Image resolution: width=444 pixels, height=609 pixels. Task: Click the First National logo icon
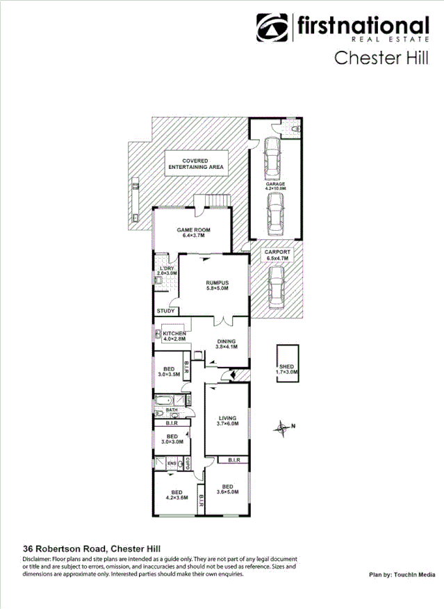pos(273,29)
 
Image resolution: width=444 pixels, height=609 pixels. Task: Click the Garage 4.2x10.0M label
pos(275,186)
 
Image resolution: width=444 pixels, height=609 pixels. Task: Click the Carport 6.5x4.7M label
pos(277,255)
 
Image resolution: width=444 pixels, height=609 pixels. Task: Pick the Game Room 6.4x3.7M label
pos(193,233)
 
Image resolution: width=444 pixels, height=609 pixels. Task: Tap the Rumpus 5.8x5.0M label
pos(217,286)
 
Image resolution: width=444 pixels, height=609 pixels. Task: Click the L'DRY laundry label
pos(167,271)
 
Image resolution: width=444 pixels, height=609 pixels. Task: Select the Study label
pos(165,311)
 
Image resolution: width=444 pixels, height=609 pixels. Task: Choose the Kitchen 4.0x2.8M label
pos(174,336)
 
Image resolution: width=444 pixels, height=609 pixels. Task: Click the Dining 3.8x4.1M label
pos(227,343)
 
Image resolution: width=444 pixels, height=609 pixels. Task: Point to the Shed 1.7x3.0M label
pos(287,369)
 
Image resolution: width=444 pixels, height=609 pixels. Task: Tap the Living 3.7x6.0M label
pos(227,421)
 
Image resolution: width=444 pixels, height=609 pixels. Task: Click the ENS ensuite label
pos(161,462)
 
